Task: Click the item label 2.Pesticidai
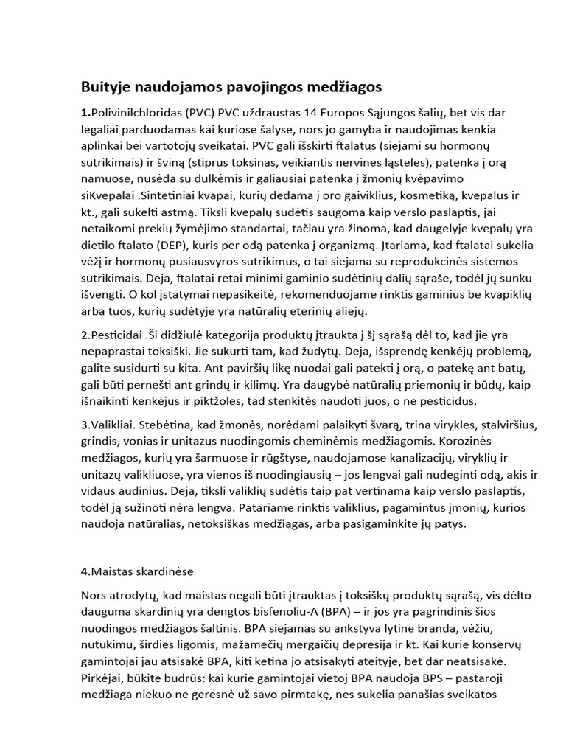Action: pyautogui.click(x=114, y=333)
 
